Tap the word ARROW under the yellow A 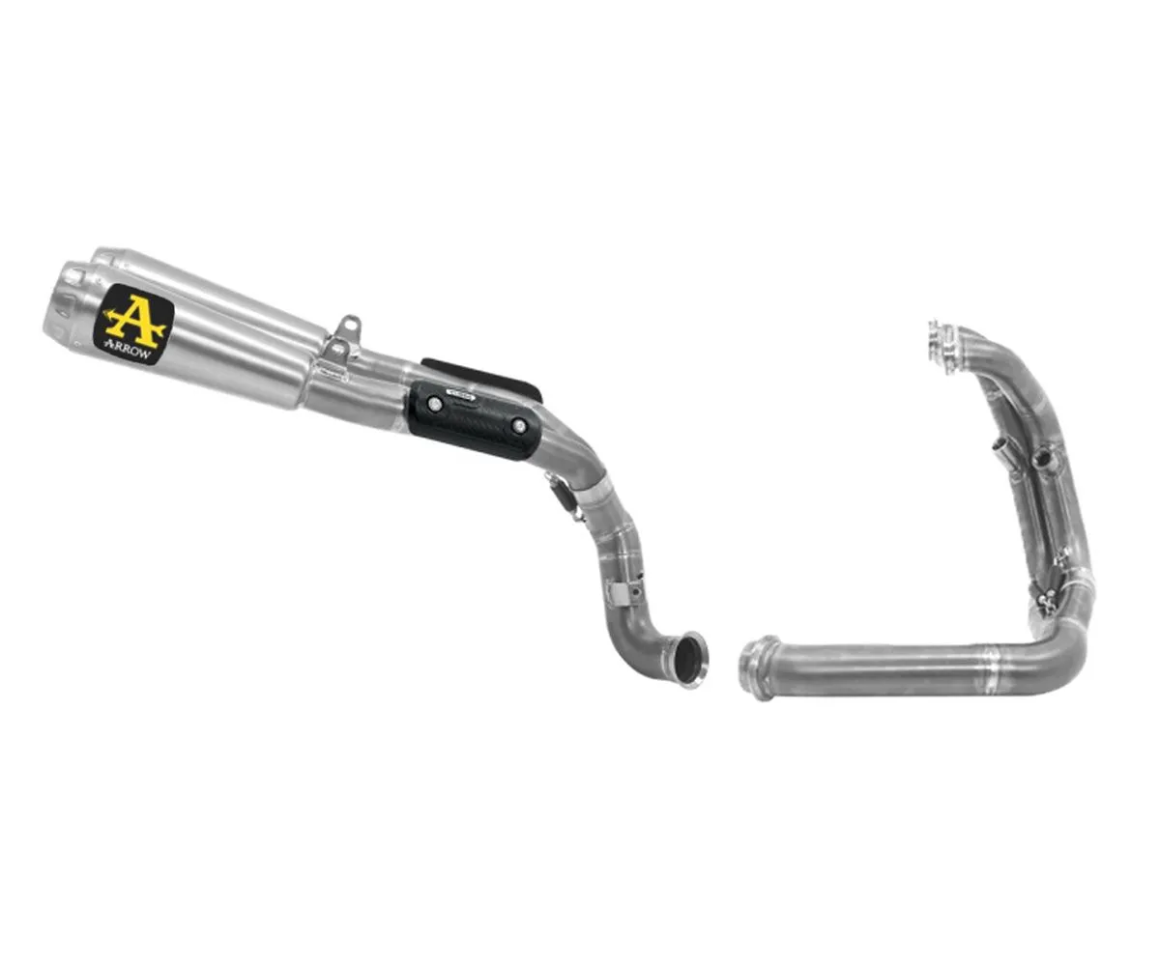pyautogui.click(x=132, y=345)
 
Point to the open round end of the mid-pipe pyautogui.click(x=689, y=660)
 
